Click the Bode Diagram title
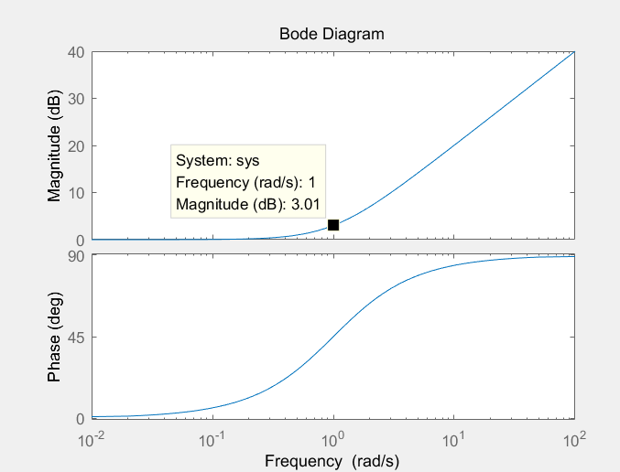point(332,34)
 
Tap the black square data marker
point(333,225)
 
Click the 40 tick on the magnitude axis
point(76,52)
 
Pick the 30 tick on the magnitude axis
point(76,99)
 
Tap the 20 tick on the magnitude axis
point(76,146)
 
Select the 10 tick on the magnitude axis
point(76,193)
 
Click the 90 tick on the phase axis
point(76,256)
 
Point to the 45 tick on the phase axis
point(76,338)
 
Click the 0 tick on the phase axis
point(80,418)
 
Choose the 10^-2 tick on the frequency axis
point(92,440)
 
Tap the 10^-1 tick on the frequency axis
point(212,440)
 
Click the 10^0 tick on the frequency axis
point(333,440)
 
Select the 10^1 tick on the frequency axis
point(453,440)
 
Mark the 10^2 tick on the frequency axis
point(574,440)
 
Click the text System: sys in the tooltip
point(218,160)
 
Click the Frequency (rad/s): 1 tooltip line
point(245,182)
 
